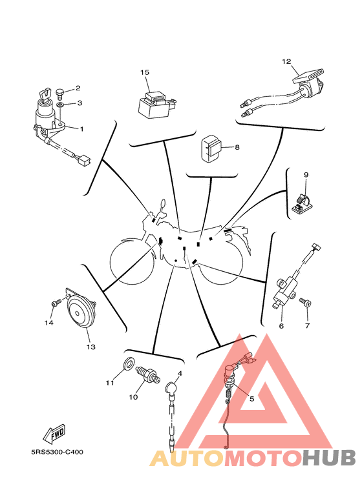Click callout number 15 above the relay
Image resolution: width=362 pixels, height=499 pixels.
point(145,72)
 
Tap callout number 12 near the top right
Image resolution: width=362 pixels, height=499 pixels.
point(286,61)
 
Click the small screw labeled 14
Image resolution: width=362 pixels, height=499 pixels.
point(56,303)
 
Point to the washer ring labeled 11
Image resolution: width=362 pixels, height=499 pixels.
point(129,363)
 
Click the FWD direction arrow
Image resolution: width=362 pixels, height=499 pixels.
point(55,434)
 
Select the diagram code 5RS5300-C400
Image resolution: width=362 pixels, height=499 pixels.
point(57,452)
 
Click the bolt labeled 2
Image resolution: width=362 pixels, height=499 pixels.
point(60,92)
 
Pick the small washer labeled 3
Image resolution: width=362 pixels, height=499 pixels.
point(60,105)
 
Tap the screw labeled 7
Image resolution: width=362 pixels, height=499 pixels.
point(305,302)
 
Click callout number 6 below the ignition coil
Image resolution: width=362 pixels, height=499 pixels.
point(281,326)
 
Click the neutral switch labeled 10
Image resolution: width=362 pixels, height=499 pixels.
point(147,374)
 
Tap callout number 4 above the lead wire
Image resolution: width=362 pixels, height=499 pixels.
point(180,373)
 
